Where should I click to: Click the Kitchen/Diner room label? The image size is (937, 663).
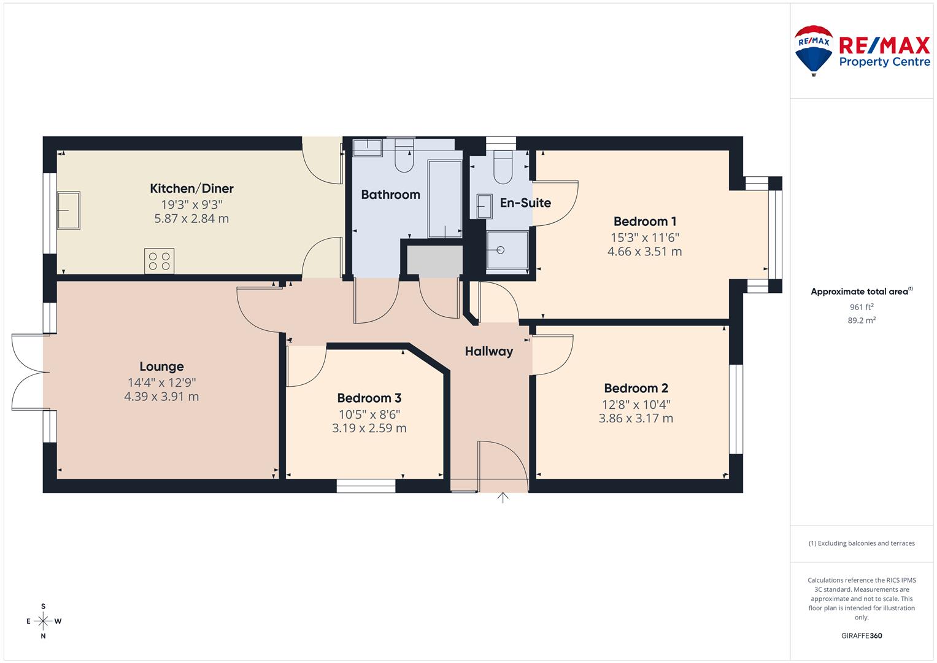[x=191, y=188]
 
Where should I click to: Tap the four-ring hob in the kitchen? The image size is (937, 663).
[x=160, y=261]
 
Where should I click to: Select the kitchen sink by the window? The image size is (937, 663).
[x=68, y=211]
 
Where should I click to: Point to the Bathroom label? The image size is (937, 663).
[x=391, y=195]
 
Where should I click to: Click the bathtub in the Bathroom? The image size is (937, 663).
[x=445, y=199]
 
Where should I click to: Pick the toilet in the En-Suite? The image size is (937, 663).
[x=503, y=167]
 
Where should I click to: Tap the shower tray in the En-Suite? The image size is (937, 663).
[x=507, y=250]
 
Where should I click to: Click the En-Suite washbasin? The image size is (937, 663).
[x=484, y=206]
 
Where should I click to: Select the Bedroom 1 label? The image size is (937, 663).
[x=644, y=221]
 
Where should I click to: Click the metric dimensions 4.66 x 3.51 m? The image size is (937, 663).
[x=644, y=252]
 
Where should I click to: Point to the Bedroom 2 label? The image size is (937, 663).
[x=636, y=388]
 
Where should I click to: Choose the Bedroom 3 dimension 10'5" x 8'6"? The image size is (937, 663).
[x=369, y=414]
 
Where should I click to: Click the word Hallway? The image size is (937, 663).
[x=489, y=351]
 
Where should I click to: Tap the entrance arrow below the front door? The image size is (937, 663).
[x=503, y=498]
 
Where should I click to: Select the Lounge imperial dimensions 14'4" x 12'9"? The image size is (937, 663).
[x=161, y=382]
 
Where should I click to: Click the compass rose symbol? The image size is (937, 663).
[x=43, y=621]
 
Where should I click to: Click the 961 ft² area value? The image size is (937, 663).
[x=862, y=307]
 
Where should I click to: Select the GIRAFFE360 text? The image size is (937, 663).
[x=862, y=636]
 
